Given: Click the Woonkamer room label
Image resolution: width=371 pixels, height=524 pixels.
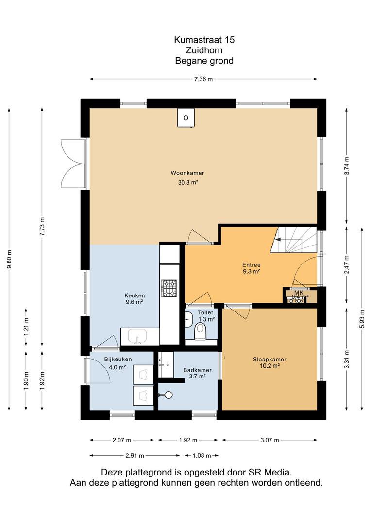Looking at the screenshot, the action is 187,173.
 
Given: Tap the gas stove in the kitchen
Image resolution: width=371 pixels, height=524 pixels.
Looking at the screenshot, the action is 169,288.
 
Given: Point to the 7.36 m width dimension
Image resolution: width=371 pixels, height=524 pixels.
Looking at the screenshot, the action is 203,79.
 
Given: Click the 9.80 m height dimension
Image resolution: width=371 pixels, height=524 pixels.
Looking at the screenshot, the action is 9,259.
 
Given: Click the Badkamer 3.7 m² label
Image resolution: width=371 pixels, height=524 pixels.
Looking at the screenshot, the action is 197,373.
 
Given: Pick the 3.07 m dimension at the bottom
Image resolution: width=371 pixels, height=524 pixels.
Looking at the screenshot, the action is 270,440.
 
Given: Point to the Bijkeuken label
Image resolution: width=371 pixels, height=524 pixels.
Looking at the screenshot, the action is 118,359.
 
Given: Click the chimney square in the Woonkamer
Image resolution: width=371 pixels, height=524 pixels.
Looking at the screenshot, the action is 186,118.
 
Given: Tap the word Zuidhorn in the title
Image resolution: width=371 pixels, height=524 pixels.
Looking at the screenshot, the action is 204,50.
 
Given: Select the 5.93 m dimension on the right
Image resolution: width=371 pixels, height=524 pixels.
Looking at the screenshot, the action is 362,319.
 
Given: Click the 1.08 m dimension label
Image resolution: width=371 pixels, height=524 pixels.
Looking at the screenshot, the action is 202,455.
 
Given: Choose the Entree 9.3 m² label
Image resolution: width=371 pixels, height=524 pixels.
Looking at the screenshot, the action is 252,268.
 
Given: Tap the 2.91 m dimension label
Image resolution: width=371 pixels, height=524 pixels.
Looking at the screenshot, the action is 135,455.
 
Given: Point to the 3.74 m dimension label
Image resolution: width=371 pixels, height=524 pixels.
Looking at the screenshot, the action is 347,166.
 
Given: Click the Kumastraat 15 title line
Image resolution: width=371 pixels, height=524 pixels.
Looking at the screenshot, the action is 204,40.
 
